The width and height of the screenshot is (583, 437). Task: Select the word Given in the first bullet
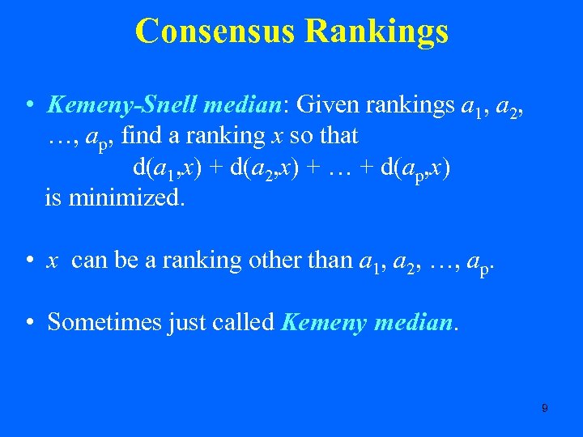(329, 104)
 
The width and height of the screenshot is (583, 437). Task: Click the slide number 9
(544, 409)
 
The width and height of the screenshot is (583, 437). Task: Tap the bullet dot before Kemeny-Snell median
(28, 105)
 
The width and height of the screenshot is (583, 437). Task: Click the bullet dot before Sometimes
(28, 323)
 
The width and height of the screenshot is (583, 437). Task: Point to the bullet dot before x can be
(28, 261)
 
